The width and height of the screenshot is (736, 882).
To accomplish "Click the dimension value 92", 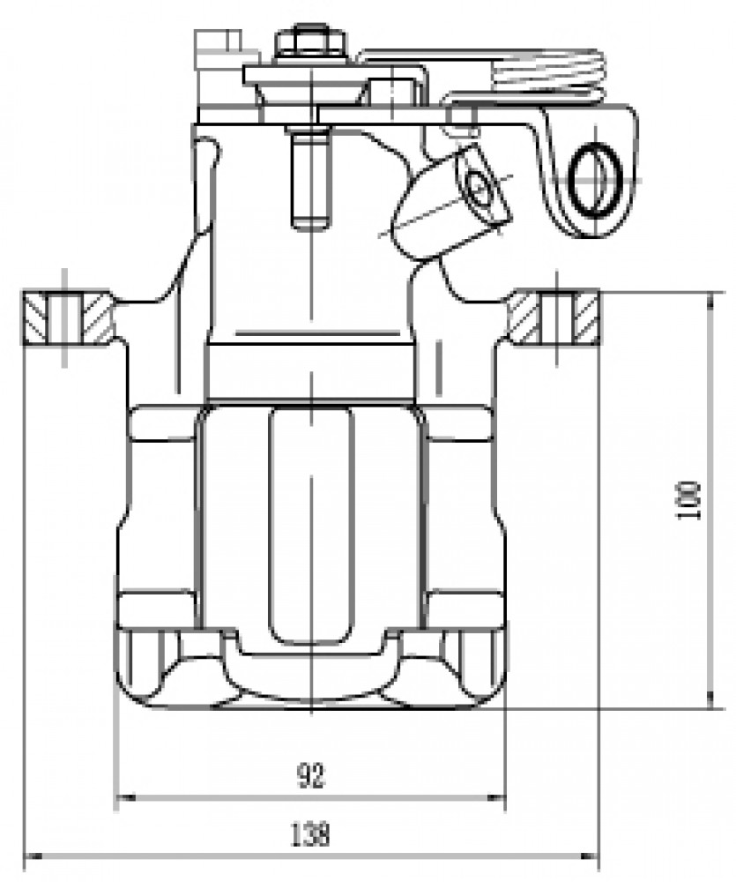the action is coord(311,776).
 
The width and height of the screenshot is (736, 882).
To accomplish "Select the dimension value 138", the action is coord(309,834).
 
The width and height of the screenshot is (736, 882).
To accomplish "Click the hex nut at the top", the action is coord(309,42).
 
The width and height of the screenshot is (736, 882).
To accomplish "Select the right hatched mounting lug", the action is coord(554,317).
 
